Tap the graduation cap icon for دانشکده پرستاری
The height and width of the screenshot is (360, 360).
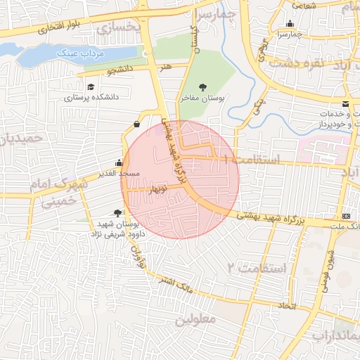click(x=91, y=86)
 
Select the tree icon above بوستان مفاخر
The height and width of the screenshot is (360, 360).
click(x=202, y=87)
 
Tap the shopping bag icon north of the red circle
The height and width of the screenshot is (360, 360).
click(x=135, y=124)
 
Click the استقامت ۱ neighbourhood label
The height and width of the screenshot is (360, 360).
click(x=251, y=161)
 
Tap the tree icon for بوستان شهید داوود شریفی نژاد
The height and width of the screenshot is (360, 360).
click(x=117, y=213)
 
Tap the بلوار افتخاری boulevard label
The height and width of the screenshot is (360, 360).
click(x=49, y=30)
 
